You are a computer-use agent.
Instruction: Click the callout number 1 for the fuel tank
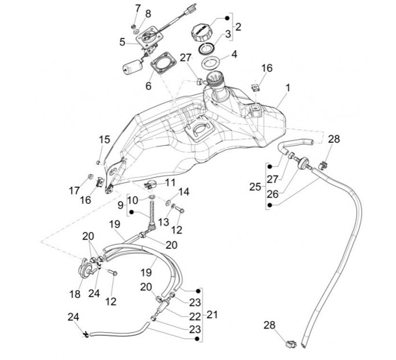click(x=288, y=87)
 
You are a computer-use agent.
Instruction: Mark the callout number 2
click(x=238, y=26)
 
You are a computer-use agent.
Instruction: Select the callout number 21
click(x=212, y=314)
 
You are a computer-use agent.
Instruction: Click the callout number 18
click(x=75, y=294)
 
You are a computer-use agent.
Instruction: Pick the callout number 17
click(x=74, y=191)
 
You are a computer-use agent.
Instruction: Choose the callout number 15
click(x=105, y=139)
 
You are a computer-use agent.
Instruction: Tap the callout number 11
click(x=171, y=182)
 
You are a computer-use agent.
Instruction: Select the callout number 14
click(x=184, y=192)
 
